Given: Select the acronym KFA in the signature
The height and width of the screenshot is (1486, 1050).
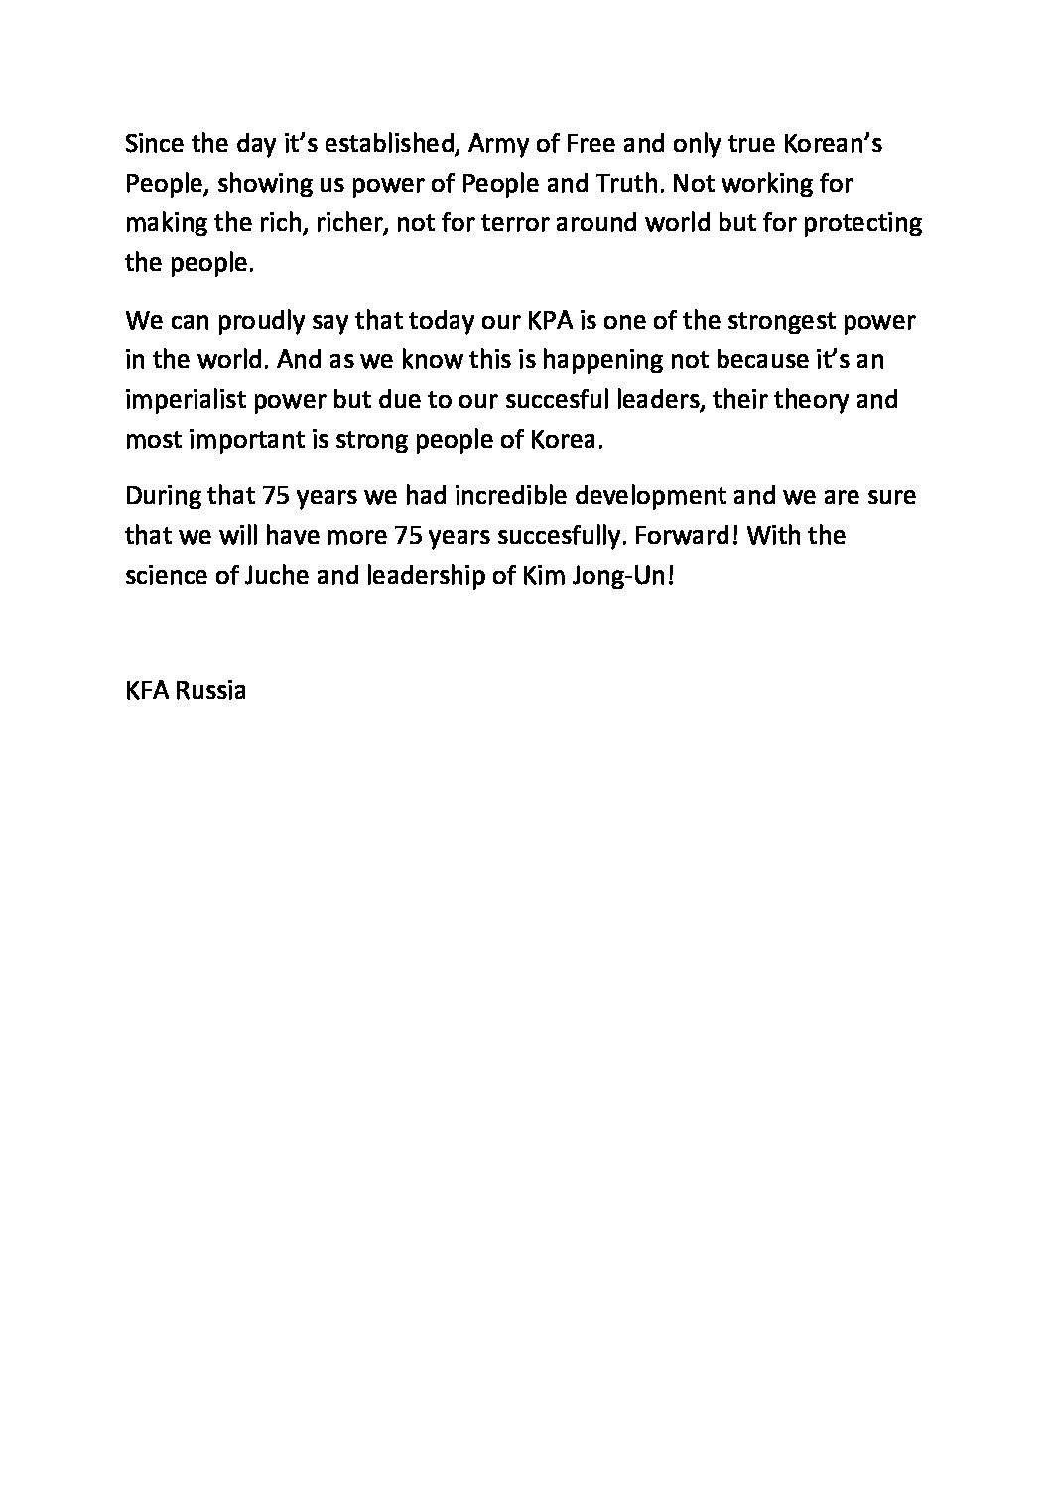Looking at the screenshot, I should [x=146, y=691].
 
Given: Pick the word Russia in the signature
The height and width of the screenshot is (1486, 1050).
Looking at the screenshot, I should [x=211, y=691].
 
